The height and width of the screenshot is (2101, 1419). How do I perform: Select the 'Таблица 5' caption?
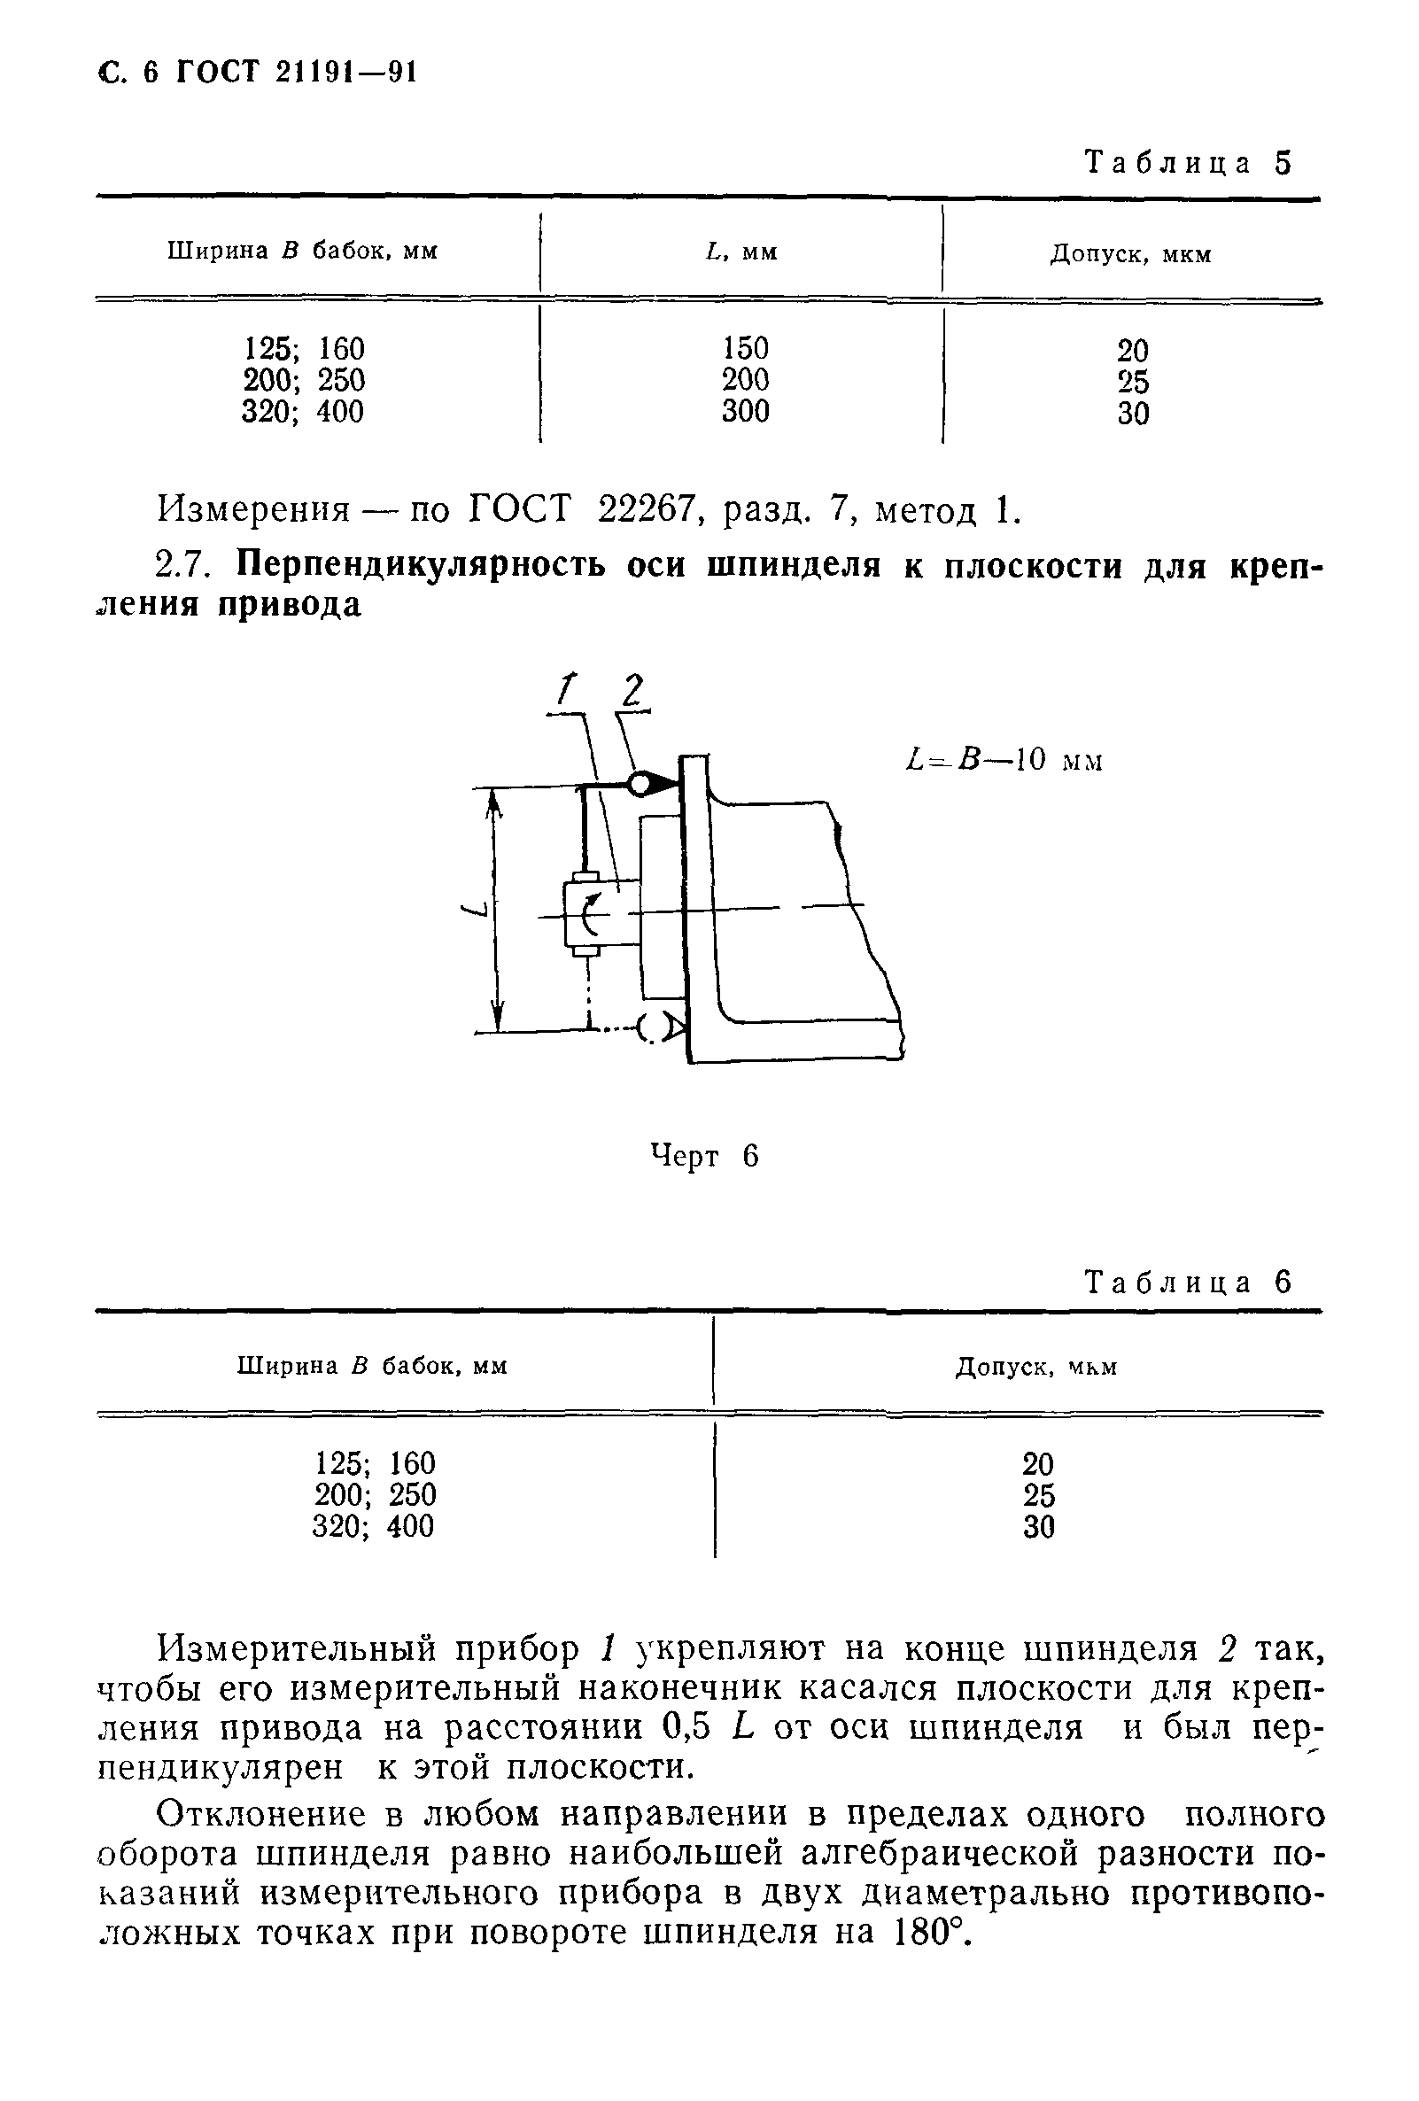pos(1188,164)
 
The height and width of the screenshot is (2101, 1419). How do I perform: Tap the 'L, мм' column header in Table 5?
pos(741,252)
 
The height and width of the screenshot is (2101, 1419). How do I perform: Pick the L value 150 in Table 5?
pos(745,348)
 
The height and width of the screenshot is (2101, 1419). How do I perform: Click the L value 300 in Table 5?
pos(745,411)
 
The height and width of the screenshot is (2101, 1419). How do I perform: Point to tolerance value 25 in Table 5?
pos(1132,382)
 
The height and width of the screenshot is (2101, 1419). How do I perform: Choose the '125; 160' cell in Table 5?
pos(303,349)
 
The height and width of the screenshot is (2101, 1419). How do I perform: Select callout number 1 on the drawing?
pos(565,690)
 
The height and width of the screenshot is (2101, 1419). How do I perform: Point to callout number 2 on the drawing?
pos(632,692)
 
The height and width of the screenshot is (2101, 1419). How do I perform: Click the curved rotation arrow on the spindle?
pos(589,913)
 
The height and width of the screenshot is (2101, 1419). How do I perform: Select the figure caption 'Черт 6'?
pos(704,1155)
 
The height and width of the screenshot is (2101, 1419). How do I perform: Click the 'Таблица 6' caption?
pos(1188,1283)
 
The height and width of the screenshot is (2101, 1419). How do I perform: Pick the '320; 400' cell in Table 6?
pos(372,1526)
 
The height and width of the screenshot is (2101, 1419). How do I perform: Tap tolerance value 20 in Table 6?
pos(1037,1463)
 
